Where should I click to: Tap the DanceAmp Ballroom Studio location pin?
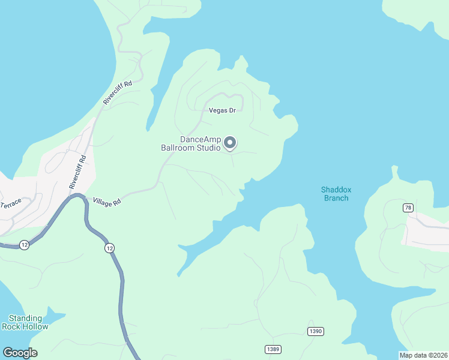tap(230, 143)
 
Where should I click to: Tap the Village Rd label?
tap(107, 203)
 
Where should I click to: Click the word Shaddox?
tap(336, 190)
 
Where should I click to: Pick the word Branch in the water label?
tap(336, 198)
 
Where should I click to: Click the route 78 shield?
tap(408, 208)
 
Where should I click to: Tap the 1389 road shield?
tap(273, 349)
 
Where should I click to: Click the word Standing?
tap(25, 318)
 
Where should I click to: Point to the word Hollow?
tap(34, 326)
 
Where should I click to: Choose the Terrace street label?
tap(11, 204)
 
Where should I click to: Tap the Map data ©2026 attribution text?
tap(423, 355)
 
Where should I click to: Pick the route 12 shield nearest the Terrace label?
tap(24, 245)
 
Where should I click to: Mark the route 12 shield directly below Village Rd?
tap(109, 248)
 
